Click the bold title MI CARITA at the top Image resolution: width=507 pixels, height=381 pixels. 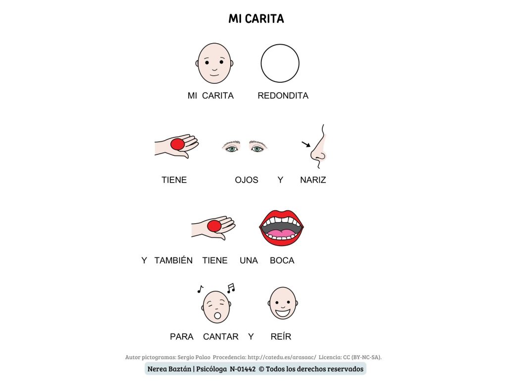pos(256,19)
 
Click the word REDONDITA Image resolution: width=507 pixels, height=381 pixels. pos(283,96)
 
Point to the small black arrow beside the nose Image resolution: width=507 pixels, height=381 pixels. pos(306,144)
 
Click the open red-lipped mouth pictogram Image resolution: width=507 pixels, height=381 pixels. pos(281,227)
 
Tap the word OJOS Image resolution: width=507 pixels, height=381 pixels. pos(247,180)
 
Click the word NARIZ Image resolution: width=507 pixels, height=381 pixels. pos(313,180)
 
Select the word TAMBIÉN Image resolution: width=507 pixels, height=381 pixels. pos(173,260)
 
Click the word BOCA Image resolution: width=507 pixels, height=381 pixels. pos(282,260)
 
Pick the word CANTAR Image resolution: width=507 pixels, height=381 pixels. pos(221,337)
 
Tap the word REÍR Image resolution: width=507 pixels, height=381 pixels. pos(281,337)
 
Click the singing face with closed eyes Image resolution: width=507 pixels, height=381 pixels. pos(216,307)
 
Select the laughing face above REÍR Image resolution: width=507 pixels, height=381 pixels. pos(283,303)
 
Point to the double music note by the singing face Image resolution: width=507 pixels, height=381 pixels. pos(231,288)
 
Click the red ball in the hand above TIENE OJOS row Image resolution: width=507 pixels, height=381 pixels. pos(178,144)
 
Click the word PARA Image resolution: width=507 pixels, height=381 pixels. pos(182,337)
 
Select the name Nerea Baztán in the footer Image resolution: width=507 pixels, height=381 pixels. pos(169,369)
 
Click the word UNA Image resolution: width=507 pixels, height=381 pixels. pos(249,260)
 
